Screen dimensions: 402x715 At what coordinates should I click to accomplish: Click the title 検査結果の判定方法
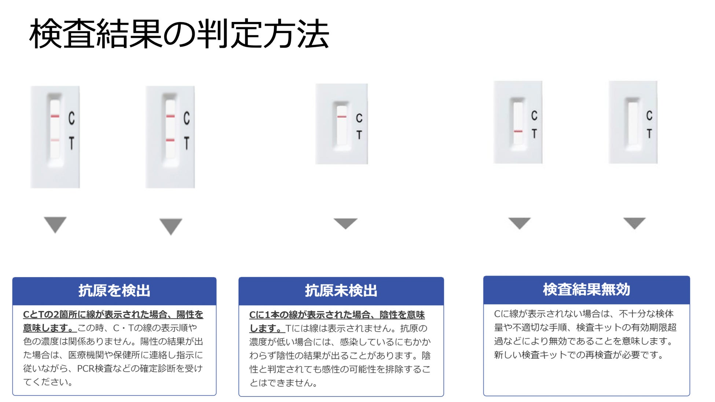(179, 34)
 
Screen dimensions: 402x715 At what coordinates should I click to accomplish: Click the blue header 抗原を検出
(114, 291)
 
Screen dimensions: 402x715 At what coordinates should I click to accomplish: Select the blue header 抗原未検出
(341, 291)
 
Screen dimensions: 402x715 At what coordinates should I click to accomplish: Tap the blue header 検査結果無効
(586, 289)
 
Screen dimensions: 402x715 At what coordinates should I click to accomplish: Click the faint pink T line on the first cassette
(55, 140)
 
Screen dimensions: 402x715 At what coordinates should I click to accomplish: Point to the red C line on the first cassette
(55, 116)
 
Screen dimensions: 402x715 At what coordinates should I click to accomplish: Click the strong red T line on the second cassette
(170, 140)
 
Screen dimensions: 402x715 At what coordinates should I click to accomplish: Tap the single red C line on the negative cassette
(342, 117)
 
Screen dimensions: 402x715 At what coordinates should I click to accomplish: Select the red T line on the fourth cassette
(518, 131)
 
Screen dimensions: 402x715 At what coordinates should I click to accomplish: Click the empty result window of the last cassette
(633, 124)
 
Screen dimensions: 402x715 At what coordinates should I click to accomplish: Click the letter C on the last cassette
(649, 115)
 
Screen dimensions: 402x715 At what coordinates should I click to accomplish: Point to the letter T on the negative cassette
(359, 135)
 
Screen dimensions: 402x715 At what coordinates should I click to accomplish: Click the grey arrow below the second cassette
(170, 225)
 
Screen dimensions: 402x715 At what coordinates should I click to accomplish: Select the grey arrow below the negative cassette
(345, 223)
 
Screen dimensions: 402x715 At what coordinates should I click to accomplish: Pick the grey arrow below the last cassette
(634, 222)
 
